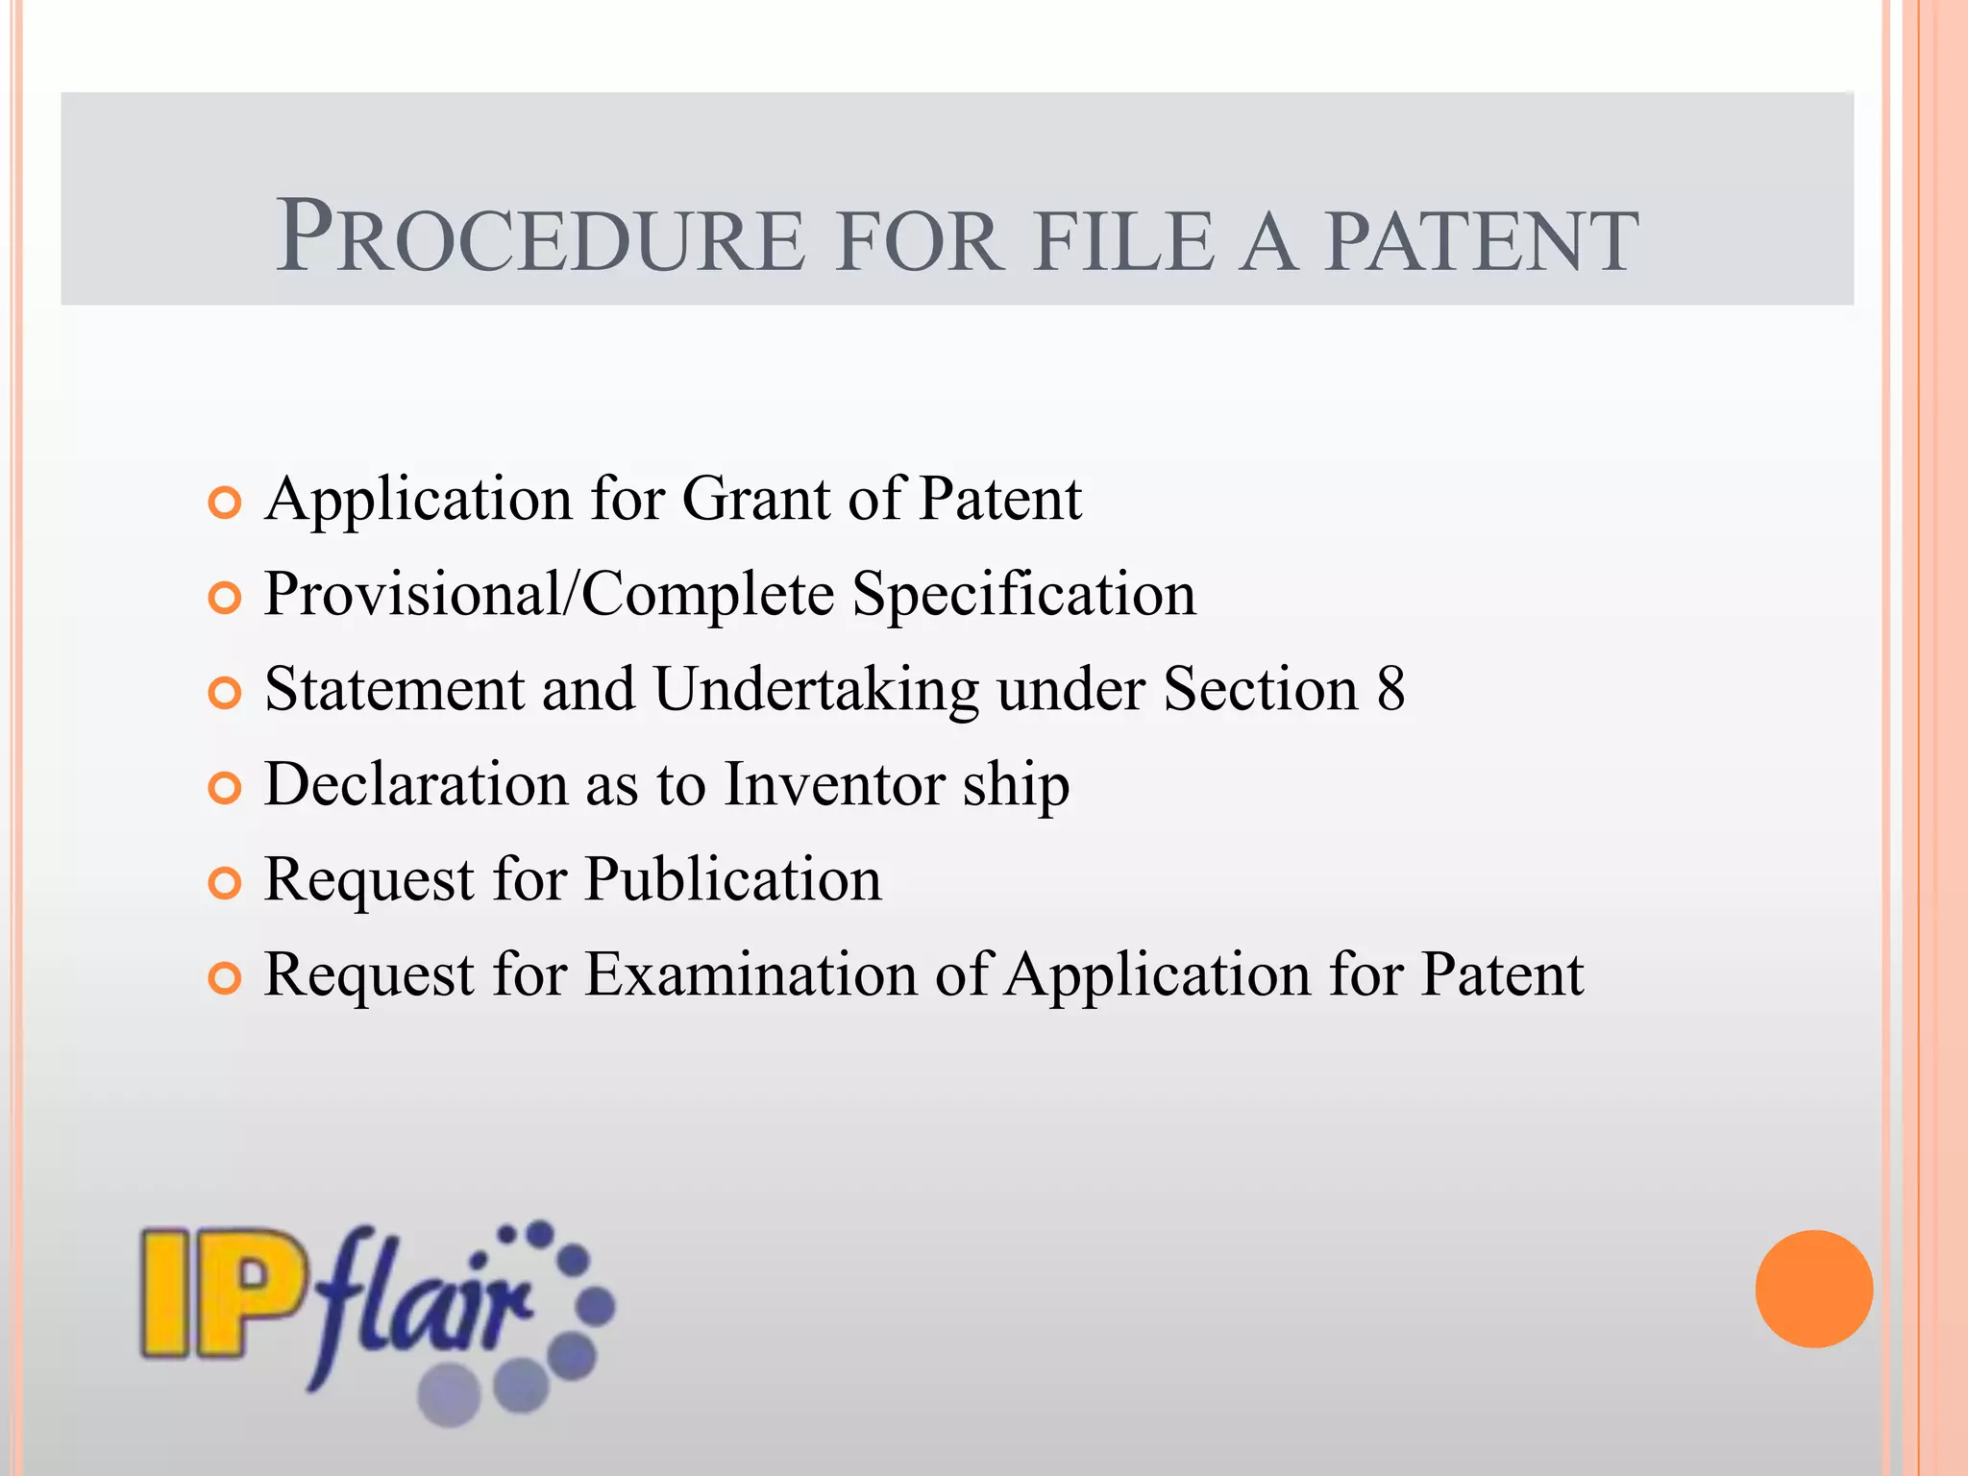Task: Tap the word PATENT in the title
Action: pos(1481,240)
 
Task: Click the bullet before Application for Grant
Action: pos(224,503)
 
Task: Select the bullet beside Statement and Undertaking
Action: pos(224,693)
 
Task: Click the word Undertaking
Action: pos(818,689)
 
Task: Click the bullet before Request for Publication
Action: pos(224,883)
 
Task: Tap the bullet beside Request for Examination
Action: pos(224,978)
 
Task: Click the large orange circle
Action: pos(1813,1289)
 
